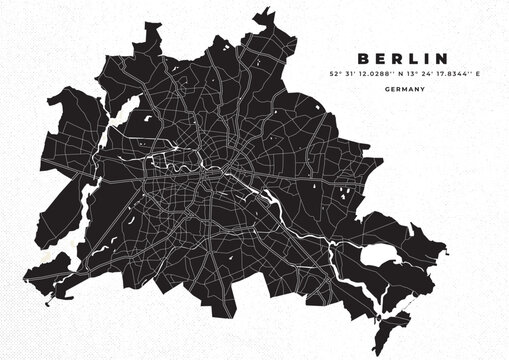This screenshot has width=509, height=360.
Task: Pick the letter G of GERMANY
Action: coord(385,89)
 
